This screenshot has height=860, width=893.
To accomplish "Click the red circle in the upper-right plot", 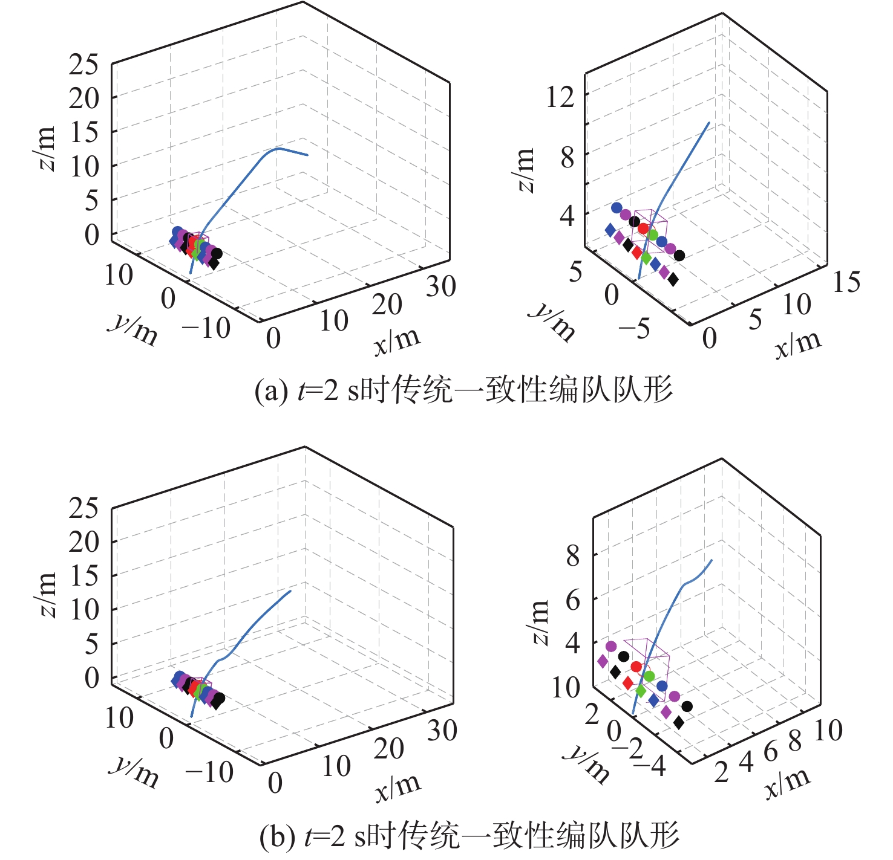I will tap(643, 228).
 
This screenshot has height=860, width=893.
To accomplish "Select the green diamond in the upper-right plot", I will tap(646, 258).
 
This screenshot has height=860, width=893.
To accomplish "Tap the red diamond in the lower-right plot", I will tap(628, 683).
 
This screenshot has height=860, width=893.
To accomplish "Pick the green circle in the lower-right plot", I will tap(649, 676).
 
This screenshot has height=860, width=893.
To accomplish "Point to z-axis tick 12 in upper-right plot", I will tap(560, 96).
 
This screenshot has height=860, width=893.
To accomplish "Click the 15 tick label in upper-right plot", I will tap(846, 282).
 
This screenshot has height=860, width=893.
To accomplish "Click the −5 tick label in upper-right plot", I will tap(634, 328).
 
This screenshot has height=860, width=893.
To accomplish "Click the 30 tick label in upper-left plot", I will tap(441, 286).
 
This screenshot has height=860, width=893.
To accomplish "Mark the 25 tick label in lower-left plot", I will tap(83, 508).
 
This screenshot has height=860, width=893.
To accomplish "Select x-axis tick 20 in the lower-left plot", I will tap(388, 749).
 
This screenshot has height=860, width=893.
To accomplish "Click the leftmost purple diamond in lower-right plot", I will tap(603, 661).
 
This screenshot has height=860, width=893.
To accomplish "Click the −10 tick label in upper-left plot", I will tap(206, 329).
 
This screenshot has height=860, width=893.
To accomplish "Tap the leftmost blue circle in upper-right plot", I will tap(617, 208).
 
